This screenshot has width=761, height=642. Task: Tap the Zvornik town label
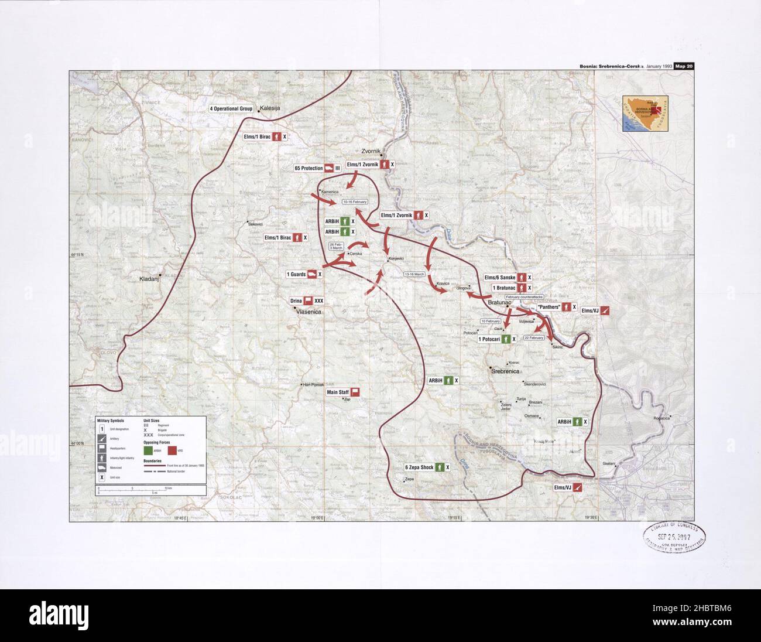click(373, 151)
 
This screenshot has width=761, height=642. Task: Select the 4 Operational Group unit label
click(231, 109)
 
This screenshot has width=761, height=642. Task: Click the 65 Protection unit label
click(308, 168)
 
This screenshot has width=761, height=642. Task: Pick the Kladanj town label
click(149, 279)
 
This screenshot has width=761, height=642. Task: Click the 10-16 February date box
click(355, 202)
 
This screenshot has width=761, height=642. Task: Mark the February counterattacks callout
click(524, 298)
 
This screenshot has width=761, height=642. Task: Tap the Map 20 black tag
click(683, 66)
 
